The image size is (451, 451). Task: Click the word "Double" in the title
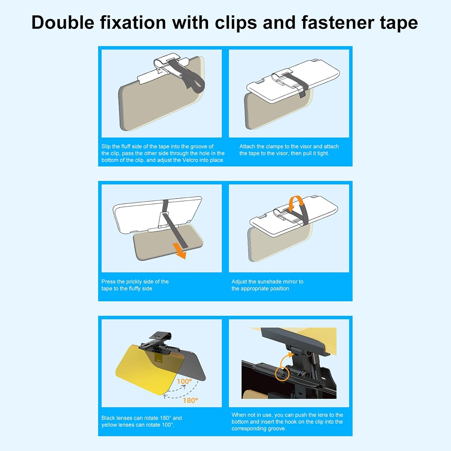click(63, 23)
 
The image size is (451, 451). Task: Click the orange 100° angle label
click(184, 382)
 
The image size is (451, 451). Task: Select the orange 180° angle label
click(190, 400)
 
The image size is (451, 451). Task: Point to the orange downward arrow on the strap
click(180, 251)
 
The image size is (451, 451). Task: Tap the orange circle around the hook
click(282, 374)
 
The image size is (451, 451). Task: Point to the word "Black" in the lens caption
click(108, 418)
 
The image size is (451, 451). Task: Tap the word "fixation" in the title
click(133, 23)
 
